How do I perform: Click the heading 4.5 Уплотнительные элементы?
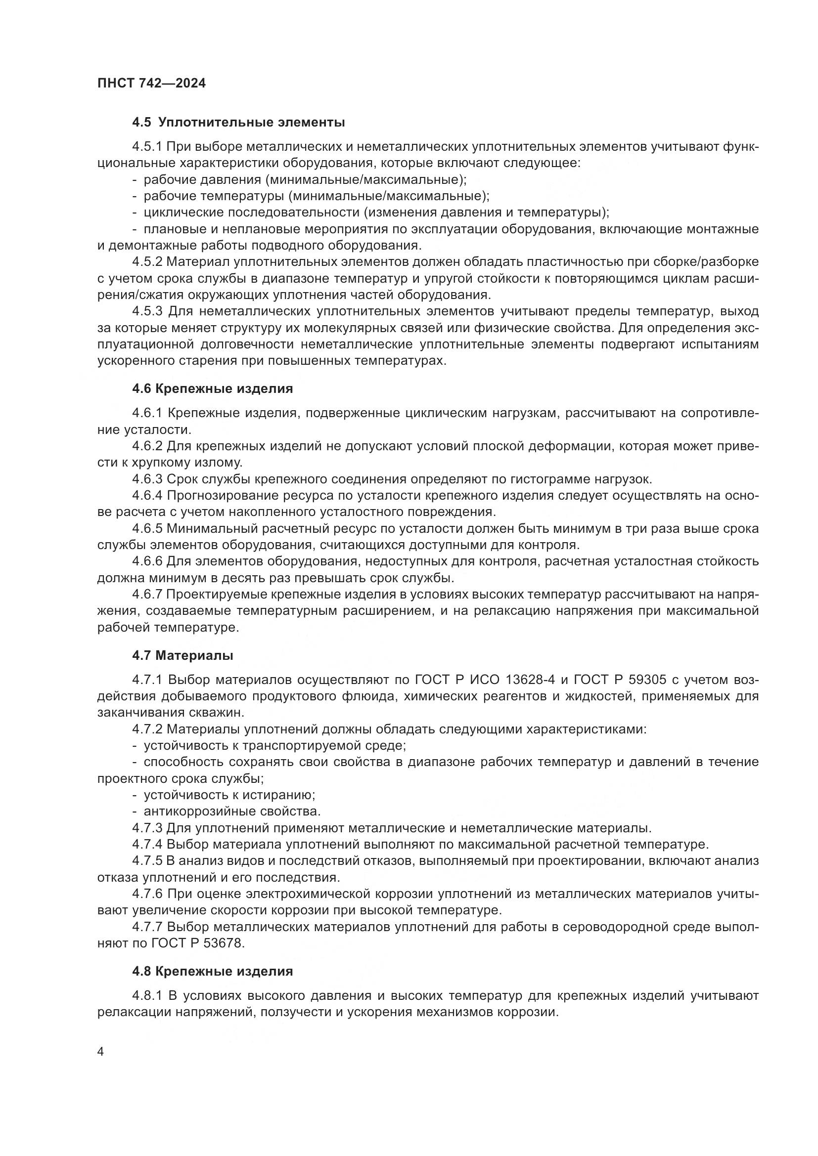(239, 123)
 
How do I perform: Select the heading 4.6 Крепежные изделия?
(213, 388)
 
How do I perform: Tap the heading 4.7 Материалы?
(183, 655)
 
